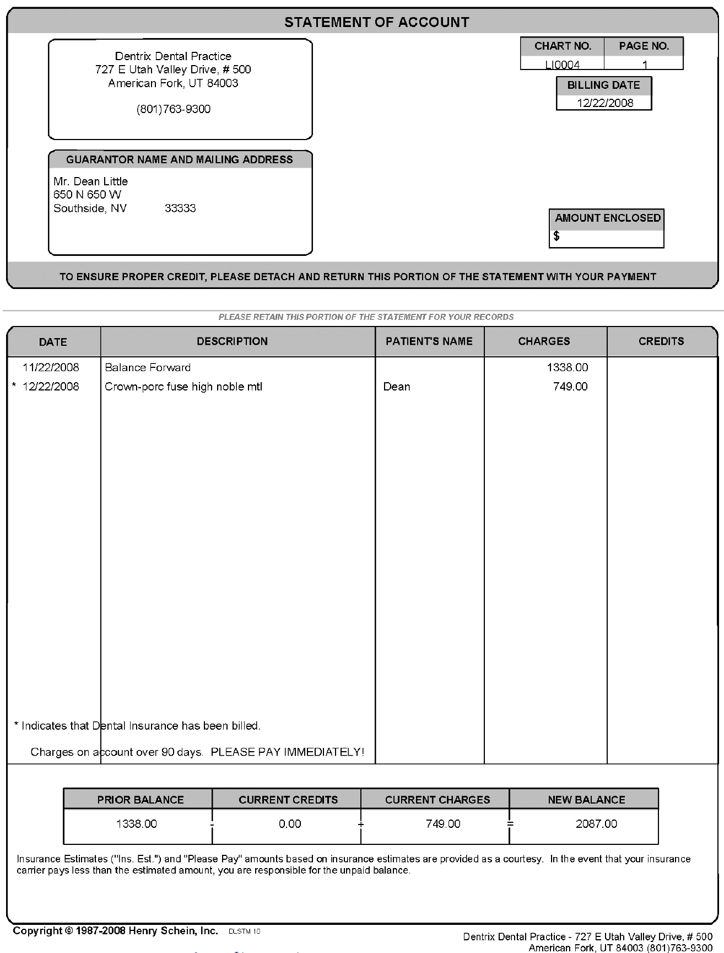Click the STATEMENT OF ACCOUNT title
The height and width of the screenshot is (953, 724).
[377, 23]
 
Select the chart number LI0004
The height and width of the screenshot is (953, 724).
[562, 65]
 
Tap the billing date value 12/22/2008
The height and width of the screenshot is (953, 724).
[605, 103]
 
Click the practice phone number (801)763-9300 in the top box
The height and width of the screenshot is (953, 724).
[174, 109]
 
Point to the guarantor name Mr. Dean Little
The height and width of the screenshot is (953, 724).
[91, 181]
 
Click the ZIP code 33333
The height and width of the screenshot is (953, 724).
[180, 208]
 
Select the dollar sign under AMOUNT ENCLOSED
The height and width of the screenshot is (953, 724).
[557, 237]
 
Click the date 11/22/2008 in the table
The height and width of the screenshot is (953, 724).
[51, 367]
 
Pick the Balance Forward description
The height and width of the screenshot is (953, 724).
[148, 367]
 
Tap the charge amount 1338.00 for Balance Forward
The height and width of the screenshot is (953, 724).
[568, 367]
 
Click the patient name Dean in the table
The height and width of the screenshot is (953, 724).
[397, 387]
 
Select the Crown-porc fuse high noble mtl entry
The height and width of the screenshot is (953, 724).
[183, 387]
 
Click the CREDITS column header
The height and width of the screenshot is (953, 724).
[661, 341]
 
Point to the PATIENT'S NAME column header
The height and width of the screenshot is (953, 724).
[429, 341]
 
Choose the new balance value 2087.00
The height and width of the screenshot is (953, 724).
[596, 824]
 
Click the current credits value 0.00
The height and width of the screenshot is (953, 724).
[290, 824]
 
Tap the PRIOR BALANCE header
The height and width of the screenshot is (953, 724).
[141, 800]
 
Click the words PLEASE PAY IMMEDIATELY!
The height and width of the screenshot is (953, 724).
[288, 752]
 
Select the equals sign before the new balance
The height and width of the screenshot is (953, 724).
[510, 824]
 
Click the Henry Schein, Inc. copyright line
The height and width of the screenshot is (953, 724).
[116, 931]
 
